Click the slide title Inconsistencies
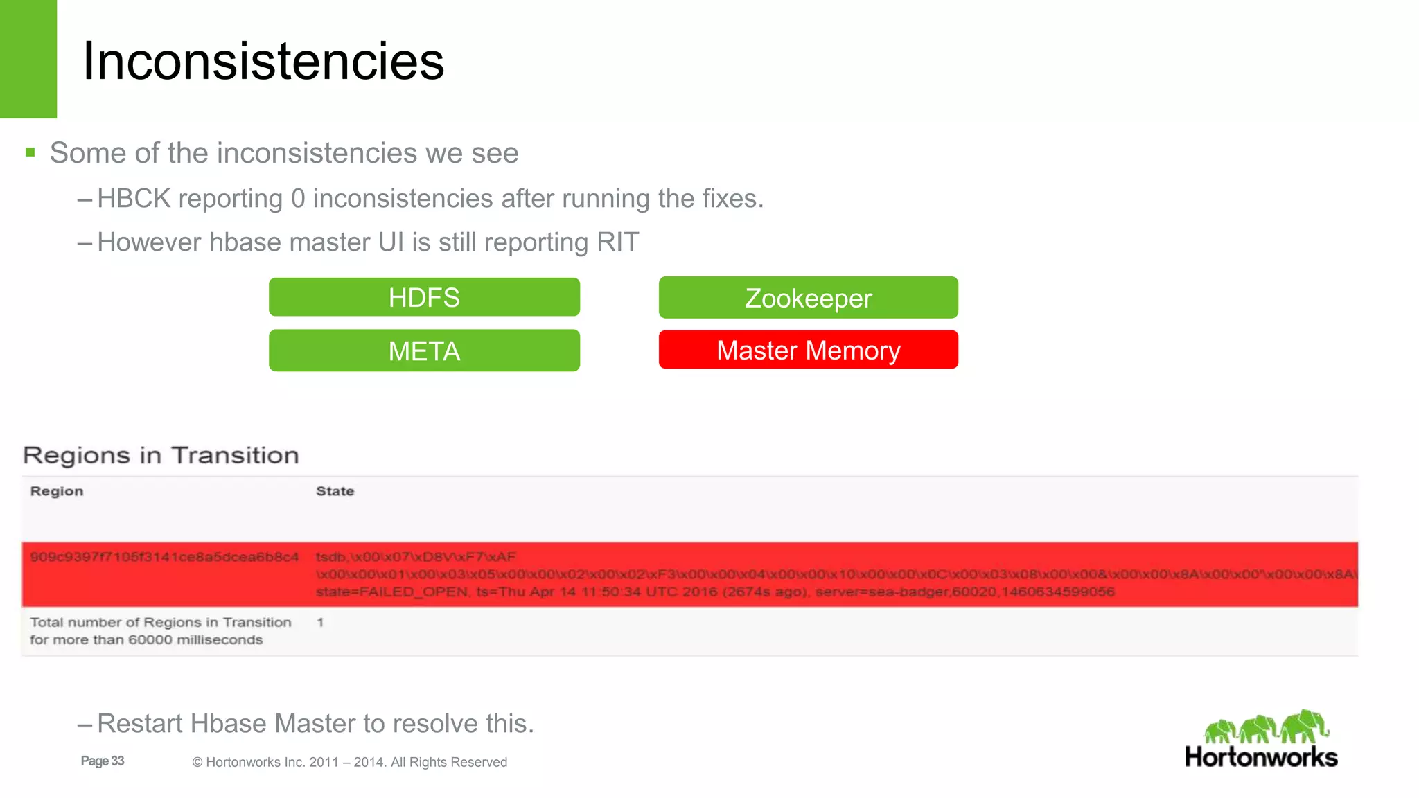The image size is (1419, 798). [263, 61]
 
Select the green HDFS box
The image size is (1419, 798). [424, 297]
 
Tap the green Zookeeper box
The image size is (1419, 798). [808, 298]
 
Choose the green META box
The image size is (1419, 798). [424, 351]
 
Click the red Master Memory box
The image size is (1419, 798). [808, 350]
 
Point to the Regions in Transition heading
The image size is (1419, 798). [161, 455]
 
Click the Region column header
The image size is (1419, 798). [57, 491]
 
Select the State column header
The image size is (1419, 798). [335, 491]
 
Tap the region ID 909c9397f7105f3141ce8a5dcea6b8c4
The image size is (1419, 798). [164, 557]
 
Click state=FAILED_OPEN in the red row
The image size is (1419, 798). [392, 592]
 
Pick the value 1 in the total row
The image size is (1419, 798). [320, 622]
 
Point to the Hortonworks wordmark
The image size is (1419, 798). [1261, 757]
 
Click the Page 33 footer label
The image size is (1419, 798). [103, 761]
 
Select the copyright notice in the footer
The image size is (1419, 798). [349, 762]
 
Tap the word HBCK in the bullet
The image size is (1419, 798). [134, 199]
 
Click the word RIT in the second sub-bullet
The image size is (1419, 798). [617, 242]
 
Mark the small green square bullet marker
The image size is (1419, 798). [30, 152]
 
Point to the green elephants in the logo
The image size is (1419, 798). [1267, 727]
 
